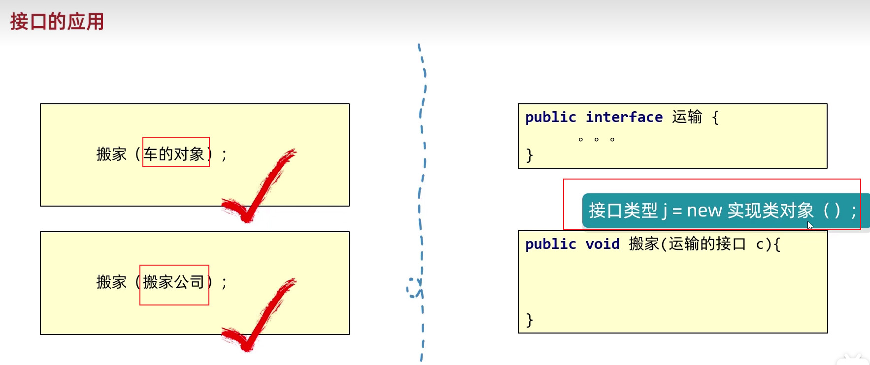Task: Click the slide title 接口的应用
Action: click(x=57, y=22)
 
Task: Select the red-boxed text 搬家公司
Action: click(x=173, y=282)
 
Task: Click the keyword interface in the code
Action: click(x=624, y=117)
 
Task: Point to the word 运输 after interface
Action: click(x=687, y=117)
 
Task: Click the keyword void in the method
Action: click(x=602, y=244)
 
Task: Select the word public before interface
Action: click(x=550, y=117)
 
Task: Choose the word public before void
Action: click(x=550, y=244)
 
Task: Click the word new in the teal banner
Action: click(x=704, y=211)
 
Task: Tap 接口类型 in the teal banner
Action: click(x=623, y=211)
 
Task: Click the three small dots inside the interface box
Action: click(x=596, y=140)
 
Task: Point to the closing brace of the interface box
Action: click(x=530, y=155)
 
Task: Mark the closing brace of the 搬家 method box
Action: click(x=530, y=320)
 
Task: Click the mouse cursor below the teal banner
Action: click(x=810, y=226)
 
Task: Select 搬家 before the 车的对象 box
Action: click(x=111, y=154)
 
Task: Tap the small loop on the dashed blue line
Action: click(x=413, y=288)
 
